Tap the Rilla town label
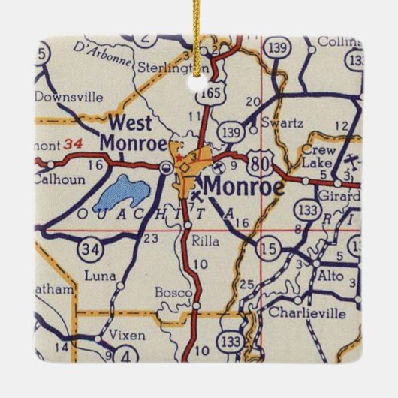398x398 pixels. pos(204,242)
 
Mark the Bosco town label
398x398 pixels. pos(170,291)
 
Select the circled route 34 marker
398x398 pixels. pos(89,248)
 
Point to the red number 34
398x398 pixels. pos(71,142)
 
